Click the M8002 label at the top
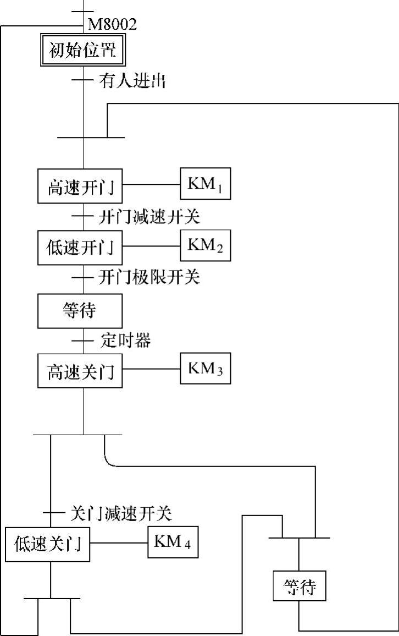click(112, 24)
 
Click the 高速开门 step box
click(80, 187)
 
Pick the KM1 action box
click(206, 183)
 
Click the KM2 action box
click(206, 245)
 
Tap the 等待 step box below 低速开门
click(80, 310)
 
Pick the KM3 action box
click(206, 368)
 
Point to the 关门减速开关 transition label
click(121, 513)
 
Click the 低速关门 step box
click(47, 544)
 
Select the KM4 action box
click(173, 542)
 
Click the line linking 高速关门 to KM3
click(152, 369)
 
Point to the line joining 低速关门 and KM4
click(119, 543)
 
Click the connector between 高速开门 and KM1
click(152, 184)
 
